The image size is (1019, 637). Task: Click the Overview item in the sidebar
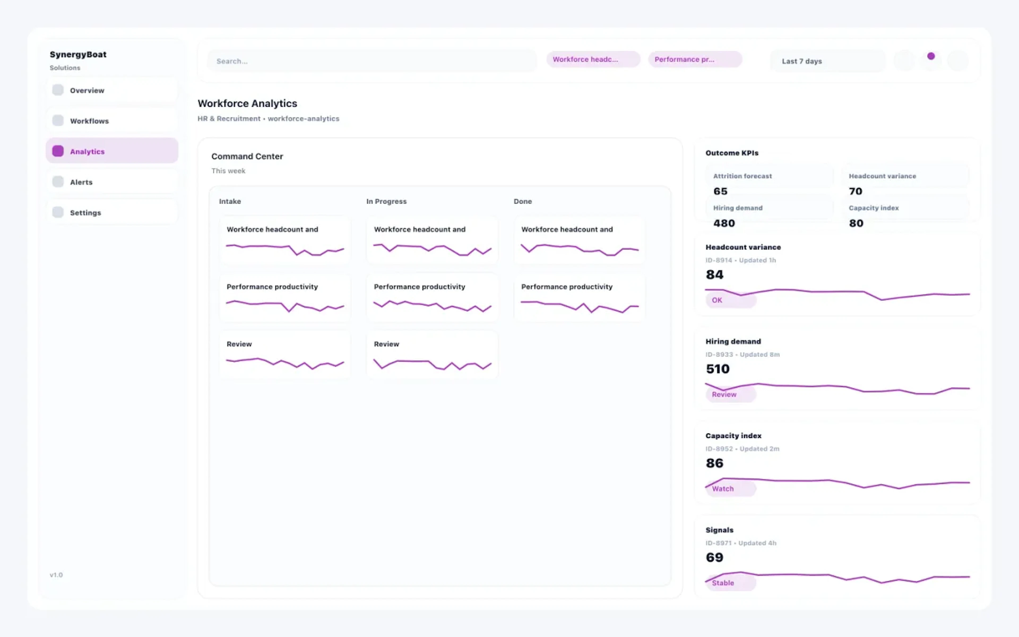pos(111,90)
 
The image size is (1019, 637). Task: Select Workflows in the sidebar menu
pos(111,121)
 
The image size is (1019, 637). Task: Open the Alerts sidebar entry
pos(111,182)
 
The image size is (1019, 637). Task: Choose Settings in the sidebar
pos(111,213)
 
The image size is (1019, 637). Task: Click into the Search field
pos(372,61)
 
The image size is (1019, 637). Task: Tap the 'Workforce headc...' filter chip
pos(593,59)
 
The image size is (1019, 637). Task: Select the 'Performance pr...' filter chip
pos(695,59)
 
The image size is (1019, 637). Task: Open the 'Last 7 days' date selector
pos(827,61)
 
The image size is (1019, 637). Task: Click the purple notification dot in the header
pos(931,56)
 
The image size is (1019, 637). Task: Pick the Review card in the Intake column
pos(285,355)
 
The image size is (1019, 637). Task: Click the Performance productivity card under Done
pos(579,298)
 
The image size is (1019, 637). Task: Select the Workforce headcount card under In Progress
pos(432,240)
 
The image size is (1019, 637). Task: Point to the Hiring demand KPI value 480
pos(724,223)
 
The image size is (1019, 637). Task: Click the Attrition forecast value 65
pos(720,191)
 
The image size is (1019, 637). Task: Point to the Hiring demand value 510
pos(718,369)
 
